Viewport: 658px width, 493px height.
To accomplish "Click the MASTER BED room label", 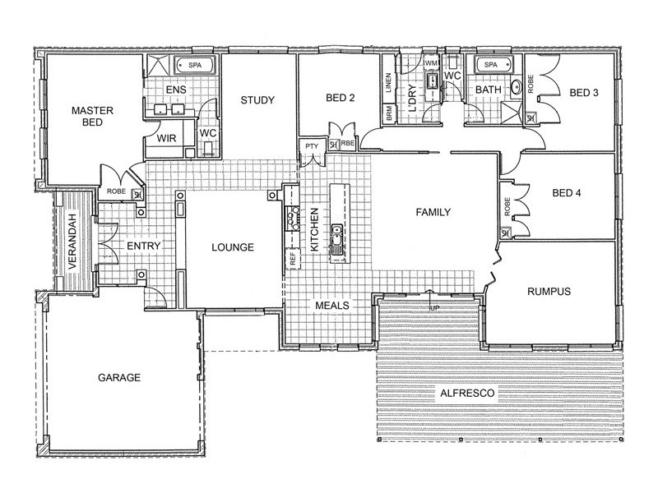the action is click(x=92, y=116).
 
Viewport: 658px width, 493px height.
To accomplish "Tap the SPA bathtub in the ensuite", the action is click(x=195, y=65).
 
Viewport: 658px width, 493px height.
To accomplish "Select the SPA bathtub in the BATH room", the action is click(x=494, y=65).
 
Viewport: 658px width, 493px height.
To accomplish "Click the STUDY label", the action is click(x=257, y=99).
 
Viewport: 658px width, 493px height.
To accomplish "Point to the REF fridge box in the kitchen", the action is click(x=293, y=258).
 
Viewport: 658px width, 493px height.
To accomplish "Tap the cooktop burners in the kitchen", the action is click(x=292, y=218).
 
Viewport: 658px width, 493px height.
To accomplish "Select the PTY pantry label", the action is click(x=312, y=146).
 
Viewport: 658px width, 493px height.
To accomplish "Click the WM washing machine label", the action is click(x=431, y=63).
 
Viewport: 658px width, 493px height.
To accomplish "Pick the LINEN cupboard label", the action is click(x=388, y=83).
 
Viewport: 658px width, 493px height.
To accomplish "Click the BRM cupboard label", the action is click(x=389, y=114).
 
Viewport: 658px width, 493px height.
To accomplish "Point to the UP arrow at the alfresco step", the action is click(x=429, y=300).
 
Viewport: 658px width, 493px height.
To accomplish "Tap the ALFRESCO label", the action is click(x=467, y=394).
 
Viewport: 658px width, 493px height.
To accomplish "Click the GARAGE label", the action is click(x=119, y=377).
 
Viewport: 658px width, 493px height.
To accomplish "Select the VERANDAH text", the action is click(x=72, y=242).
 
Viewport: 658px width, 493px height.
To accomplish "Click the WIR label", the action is click(x=167, y=138).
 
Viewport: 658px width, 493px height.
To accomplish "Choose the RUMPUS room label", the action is click(x=549, y=291).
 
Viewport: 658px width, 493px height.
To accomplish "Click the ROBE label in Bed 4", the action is click(x=507, y=207).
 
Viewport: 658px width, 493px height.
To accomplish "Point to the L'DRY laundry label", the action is click(x=412, y=99).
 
